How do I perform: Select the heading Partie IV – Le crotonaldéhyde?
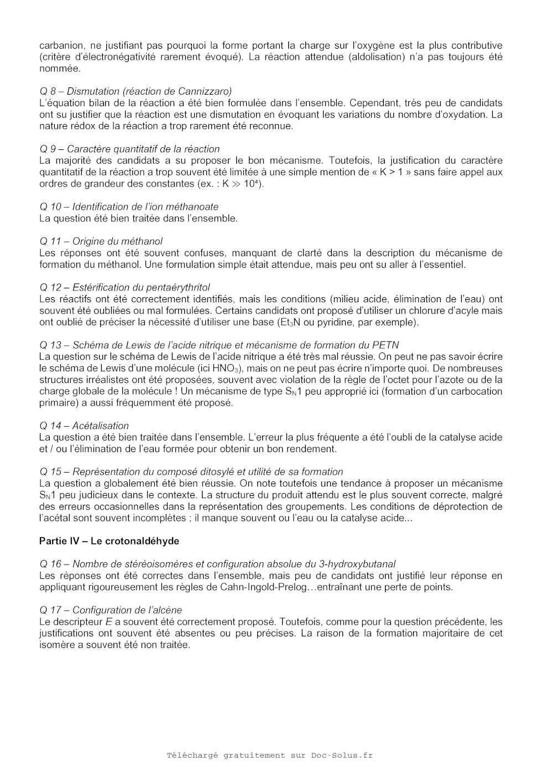click(x=109, y=541)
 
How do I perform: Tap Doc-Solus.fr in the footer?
click(x=342, y=755)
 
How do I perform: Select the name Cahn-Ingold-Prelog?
click(x=260, y=587)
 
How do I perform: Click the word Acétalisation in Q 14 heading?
click(x=100, y=426)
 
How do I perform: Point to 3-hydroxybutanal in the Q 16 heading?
click(x=357, y=564)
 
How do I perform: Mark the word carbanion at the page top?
click(x=61, y=45)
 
